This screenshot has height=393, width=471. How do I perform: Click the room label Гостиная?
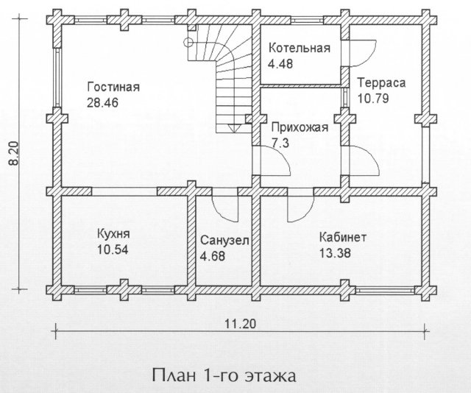[113, 87]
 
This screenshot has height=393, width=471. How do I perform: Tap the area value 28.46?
[102, 102]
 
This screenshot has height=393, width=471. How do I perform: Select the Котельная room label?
[300, 48]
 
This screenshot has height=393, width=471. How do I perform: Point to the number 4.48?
[280, 64]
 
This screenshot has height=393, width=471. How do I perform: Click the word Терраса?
[381, 82]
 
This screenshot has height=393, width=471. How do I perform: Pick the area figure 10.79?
[373, 99]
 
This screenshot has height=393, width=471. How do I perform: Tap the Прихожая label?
[300, 128]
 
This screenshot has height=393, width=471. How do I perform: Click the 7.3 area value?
[280, 143]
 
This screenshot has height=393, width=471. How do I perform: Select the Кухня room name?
[113, 234]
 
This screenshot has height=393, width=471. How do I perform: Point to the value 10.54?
[113, 249]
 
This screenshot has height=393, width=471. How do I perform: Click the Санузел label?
[224, 241]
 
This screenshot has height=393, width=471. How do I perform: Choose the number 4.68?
[213, 256]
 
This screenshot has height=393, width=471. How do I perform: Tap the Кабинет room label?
[343, 238]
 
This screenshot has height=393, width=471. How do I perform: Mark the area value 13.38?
[335, 253]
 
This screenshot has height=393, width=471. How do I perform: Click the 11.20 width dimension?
[241, 325]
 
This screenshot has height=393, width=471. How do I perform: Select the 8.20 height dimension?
[14, 154]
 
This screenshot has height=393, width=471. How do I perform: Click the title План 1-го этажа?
[224, 375]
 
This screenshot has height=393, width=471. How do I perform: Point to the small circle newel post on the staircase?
[188, 43]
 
